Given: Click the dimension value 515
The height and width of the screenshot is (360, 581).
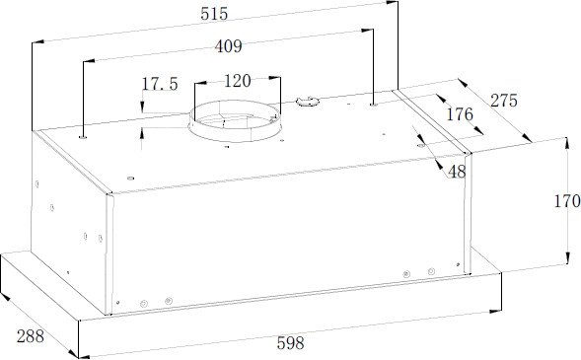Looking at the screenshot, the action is click(x=214, y=14).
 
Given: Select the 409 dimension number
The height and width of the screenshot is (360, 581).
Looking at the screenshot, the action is click(x=229, y=46).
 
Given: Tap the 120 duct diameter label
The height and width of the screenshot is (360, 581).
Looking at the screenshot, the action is click(x=238, y=81).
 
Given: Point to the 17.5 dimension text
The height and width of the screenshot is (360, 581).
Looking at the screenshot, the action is click(x=160, y=84).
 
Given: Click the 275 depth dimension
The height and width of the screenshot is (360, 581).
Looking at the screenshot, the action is click(x=504, y=101).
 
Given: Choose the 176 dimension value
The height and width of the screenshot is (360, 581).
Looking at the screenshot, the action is click(x=460, y=114).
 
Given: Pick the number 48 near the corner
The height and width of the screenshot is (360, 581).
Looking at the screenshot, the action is click(x=457, y=172).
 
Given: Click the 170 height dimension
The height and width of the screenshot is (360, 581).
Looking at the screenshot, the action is click(x=567, y=201).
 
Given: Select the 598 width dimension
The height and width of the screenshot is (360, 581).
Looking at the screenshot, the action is click(x=290, y=343).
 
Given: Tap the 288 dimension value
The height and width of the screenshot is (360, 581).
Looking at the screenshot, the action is click(x=31, y=336).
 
